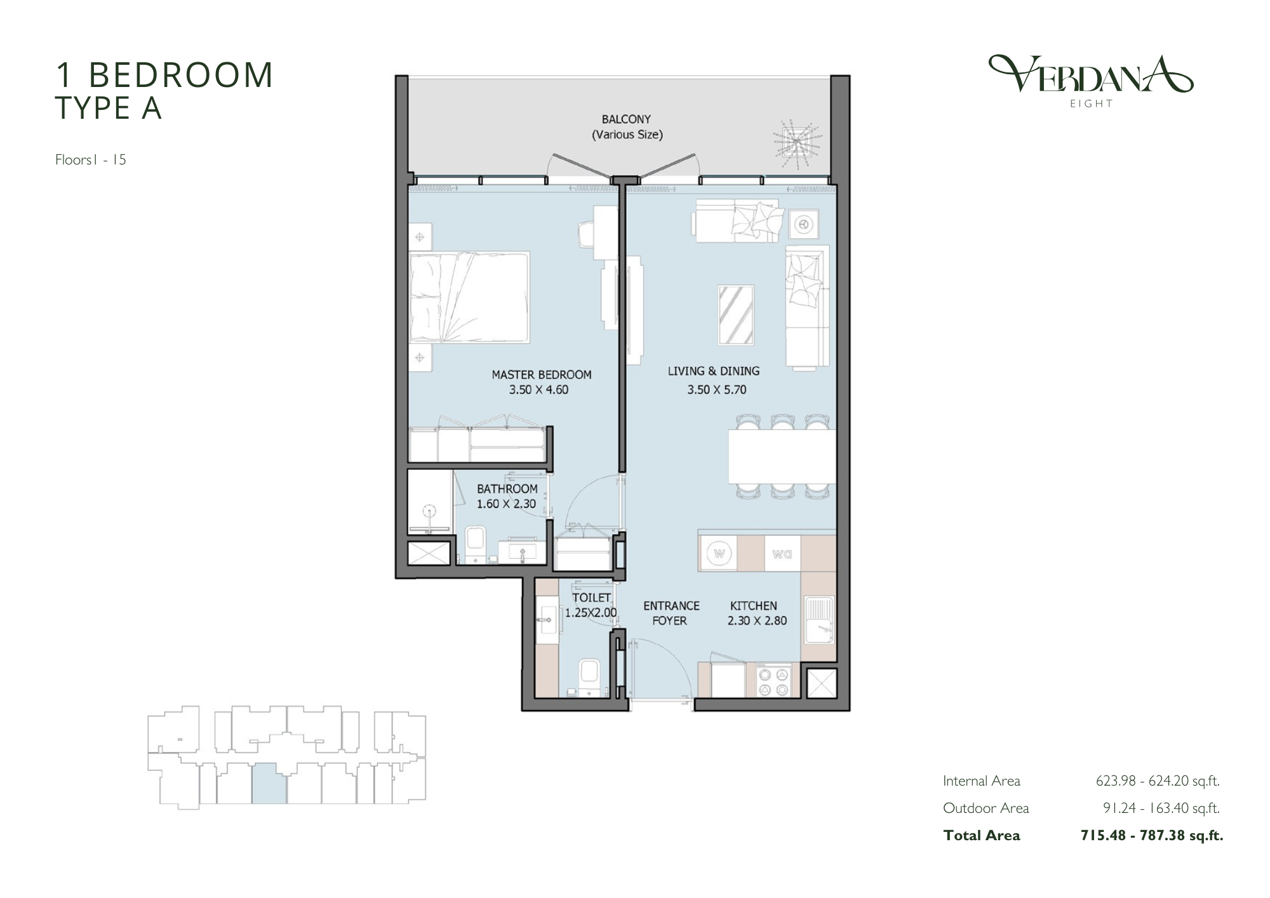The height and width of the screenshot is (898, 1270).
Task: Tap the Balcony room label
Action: (627, 119)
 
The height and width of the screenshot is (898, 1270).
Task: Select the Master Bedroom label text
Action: (542, 375)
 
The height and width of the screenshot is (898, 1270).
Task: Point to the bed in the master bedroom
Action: (470, 297)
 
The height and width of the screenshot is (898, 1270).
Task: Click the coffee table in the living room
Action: (736, 315)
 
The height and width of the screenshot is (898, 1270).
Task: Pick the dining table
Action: (782, 457)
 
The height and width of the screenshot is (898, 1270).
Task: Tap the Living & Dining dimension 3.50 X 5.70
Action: (717, 390)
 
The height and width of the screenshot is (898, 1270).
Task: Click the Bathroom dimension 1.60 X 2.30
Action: (507, 504)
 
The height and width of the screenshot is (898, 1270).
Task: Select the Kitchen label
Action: (754, 606)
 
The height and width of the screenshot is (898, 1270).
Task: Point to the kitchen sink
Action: (819, 619)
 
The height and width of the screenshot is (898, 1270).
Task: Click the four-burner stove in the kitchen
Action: (773, 681)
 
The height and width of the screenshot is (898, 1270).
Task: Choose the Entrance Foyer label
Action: (671, 613)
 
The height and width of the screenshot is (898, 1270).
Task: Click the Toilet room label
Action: (591, 598)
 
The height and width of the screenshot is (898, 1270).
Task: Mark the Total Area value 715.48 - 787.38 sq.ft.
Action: (1152, 836)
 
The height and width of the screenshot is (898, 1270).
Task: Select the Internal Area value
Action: (1158, 781)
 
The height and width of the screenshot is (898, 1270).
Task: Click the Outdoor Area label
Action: (986, 808)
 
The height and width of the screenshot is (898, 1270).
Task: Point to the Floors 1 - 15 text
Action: (91, 159)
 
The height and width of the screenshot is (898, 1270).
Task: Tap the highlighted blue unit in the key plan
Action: (269, 784)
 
